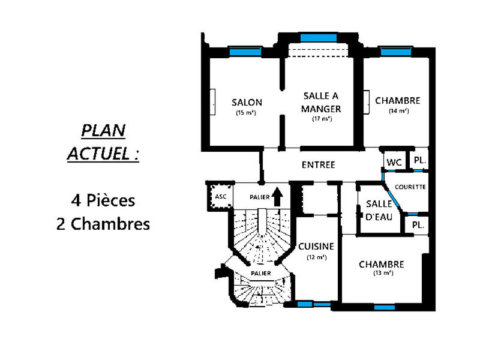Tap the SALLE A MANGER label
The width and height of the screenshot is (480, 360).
pyautogui.click(x=322, y=103)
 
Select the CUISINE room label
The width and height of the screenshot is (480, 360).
pyautogui.click(x=316, y=246)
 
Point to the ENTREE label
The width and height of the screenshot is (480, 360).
pyautogui.click(x=318, y=165)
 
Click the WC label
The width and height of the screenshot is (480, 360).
pyautogui.click(x=394, y=163)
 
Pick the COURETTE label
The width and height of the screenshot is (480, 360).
pyautogui.click(x=410, y=187)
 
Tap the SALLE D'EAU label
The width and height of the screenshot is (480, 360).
pyautogui.click(x=379, y=210)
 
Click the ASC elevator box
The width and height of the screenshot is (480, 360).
pyautogui.click(x=217, y=196)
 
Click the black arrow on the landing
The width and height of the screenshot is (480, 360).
pyautogui.click(x=277, y=196)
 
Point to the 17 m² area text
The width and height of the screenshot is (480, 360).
pyautogui.click(x=322, y=118)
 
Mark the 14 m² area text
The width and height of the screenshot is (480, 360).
pyautogui.click(x=398, y=111)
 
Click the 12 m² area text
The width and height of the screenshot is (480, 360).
pyautogui.click(x=316, y=257)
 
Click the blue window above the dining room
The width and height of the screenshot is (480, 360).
pyautogui.click(x=318, y=38)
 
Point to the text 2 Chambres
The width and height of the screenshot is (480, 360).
pyautogui.click(x=103, y=224)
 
